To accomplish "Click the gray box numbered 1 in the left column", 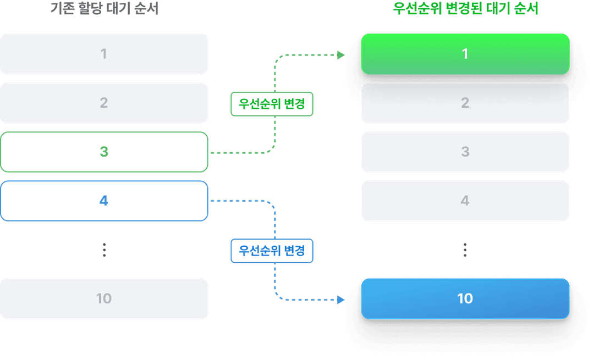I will [x=104, y=54].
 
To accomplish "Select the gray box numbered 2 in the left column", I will [x=104, y=103].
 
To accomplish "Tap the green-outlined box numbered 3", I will [x=104, y=152].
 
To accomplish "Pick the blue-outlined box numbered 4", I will [x=104, y=201].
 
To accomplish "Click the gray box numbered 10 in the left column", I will [x=104, y=298].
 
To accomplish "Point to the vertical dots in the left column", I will [x=104, y=250].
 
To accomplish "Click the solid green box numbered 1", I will [x=465, y=54].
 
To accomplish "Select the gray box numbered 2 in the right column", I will [x=465, y=103].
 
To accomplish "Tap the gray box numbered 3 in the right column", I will [x=465, y=152].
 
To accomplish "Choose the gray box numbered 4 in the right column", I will [x=465, y=201].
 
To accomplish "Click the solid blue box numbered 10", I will [x=465, y=298].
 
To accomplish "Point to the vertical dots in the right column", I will [x=465, y=250].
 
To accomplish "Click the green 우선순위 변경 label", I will [x=272, y=103].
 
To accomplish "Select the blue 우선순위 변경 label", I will [x=272, y=251].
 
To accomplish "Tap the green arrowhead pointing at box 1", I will [x=341, y=54].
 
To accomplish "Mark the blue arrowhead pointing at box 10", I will [x=341, y=300].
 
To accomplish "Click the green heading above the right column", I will [x=465, y=9].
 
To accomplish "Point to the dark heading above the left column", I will [x=104, y=9].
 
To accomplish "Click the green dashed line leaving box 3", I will [x=242, y=152].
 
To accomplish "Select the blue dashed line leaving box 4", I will [x=242, y=201].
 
